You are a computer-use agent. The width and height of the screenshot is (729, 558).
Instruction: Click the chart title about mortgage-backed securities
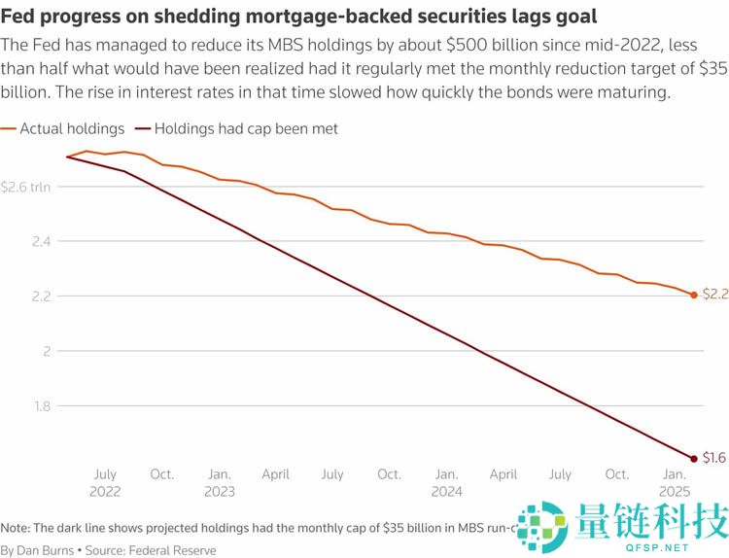pos(298,17)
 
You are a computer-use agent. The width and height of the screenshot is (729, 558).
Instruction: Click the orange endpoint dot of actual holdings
pos(694,295)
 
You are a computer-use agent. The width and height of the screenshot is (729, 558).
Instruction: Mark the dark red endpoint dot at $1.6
pos(694,458)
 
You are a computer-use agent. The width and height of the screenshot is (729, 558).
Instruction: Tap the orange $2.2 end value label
pos(714,295)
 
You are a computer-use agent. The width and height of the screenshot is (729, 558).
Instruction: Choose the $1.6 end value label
pos(714,458)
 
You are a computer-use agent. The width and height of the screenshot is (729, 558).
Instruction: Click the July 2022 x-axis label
pos(105,482)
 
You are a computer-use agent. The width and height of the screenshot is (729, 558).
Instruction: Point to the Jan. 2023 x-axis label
pos(220,482)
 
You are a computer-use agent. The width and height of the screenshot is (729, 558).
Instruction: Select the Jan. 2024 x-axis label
pos(446,482)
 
